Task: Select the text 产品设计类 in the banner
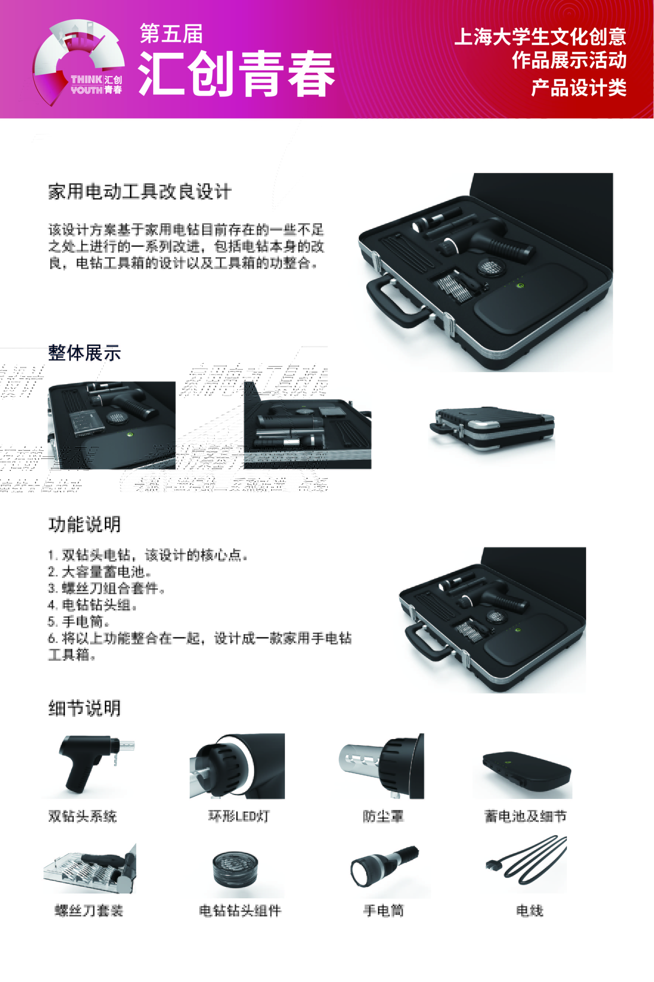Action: click(x=579, y=88)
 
